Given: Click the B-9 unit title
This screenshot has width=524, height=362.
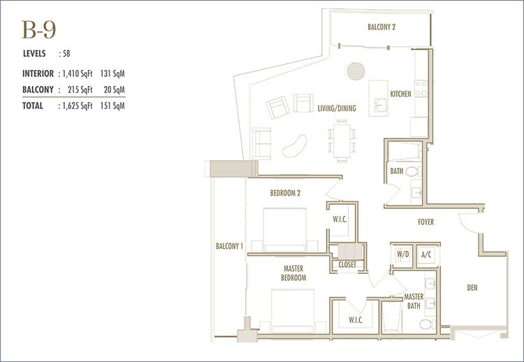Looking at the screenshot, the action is click(38, 30).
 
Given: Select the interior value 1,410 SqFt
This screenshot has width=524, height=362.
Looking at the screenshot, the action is click(77, 73).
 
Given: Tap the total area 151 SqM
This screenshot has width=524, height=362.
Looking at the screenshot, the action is click(112, 106).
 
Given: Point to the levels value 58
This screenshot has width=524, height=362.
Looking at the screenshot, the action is click(66, 54).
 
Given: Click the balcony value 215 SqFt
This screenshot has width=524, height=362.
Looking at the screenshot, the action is click(80, 89).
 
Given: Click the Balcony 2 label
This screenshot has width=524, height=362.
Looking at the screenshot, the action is click(381, 27).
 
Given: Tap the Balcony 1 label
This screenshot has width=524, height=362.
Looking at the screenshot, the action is click(229, 247).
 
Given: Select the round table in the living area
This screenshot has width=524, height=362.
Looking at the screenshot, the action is click(356, 71).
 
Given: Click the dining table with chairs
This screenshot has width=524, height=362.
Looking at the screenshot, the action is click(342, 140).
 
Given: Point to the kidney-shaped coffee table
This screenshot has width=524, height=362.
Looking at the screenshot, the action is click(294, 146).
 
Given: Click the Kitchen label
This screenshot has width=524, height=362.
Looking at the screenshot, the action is click(401, 94).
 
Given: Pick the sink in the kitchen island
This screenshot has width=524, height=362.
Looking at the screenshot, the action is click(380, 105).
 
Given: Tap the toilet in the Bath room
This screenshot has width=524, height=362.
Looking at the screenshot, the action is click(413, 171).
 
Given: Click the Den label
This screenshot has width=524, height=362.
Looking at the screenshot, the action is click(472, 287).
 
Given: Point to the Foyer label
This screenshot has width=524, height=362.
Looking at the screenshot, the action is click(425, 222).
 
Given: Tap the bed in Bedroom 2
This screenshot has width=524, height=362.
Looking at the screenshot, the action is click(285, 230).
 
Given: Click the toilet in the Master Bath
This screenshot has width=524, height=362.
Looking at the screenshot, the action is click(428, 324).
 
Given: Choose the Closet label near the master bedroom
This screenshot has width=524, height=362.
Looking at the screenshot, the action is click(347, 265).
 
